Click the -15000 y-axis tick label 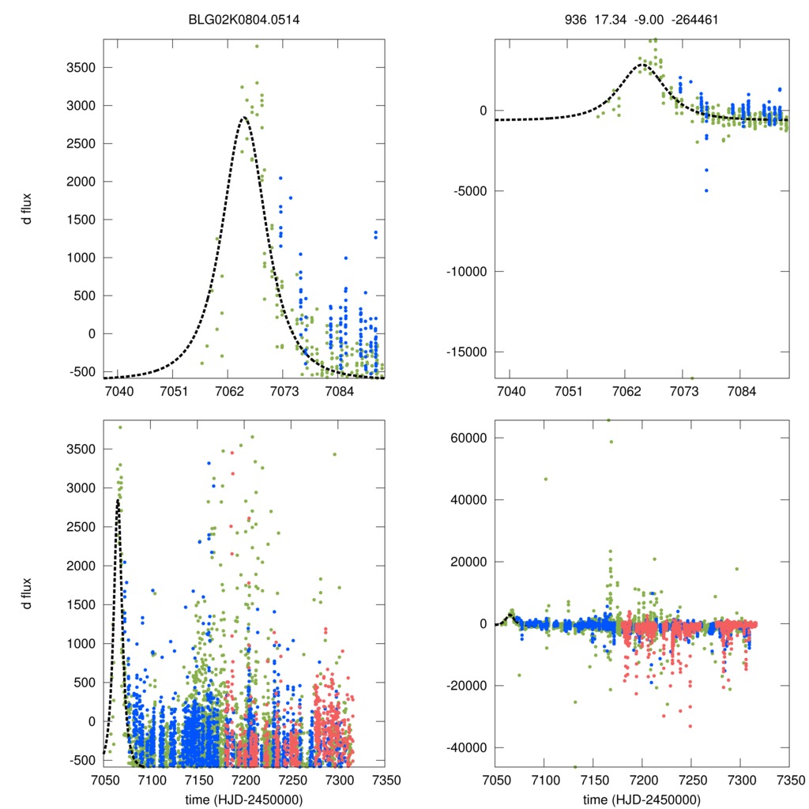[x=465, y=352]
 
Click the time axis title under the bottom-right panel [x=642, y=799]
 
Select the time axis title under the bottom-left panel [x=244, y=799]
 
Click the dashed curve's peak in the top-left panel [x=244, y=118]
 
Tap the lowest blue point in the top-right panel [x=706, y=190]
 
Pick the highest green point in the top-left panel [x=257, y=46]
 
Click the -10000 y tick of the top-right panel [x=465, y=271]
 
